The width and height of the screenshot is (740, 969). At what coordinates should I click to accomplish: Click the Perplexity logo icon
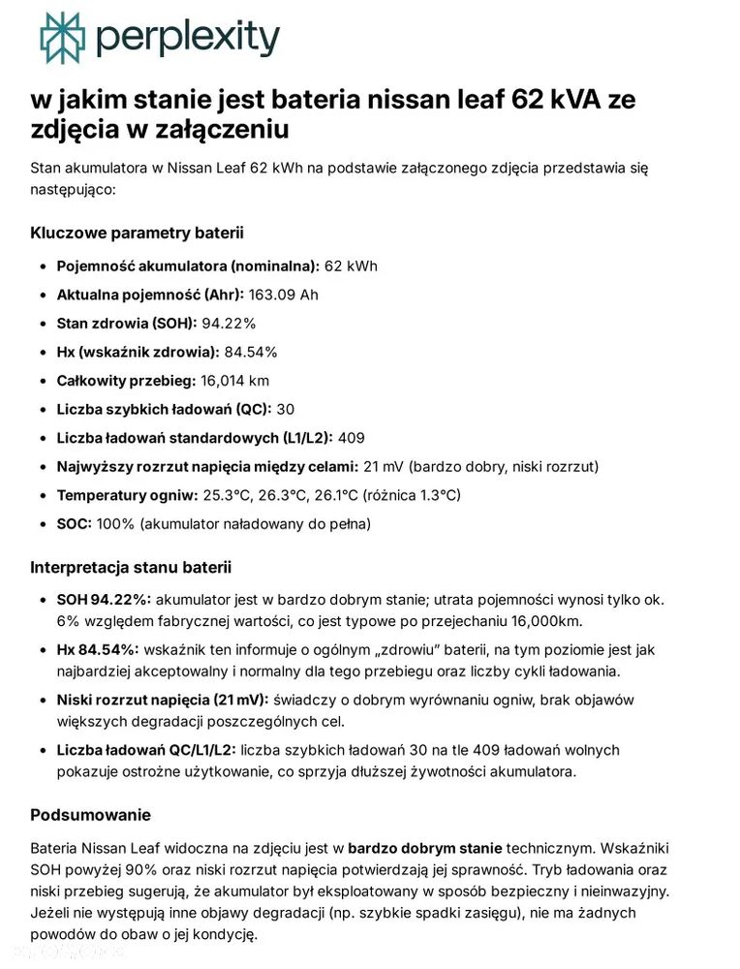click(x=62, y=38)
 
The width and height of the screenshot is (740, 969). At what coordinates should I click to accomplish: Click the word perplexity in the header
click(x=188, y=38)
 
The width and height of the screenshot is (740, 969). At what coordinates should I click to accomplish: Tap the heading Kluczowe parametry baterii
click(x=137, y=233)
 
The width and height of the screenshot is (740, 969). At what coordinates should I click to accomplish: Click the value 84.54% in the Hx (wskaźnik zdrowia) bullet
click(x=251, y=352)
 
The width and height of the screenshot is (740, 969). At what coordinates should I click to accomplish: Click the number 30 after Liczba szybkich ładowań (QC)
click(x=286, y=409)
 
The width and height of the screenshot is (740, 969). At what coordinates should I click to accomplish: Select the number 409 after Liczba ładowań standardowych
click(x=352, y=438)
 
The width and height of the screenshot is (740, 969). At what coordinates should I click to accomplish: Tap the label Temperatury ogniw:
click(x=114, y=495)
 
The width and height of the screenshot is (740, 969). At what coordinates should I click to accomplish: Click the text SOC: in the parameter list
click(x=75, y=523)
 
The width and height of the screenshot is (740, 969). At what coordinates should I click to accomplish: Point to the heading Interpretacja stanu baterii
click(x=131, y=567)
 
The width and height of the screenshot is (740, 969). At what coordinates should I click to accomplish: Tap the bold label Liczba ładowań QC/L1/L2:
click(x=145, y=750)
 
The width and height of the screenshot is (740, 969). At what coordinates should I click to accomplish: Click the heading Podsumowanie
click(x=90, y=814)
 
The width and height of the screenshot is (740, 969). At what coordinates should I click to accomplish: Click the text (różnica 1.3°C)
click(x=412, y=495)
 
